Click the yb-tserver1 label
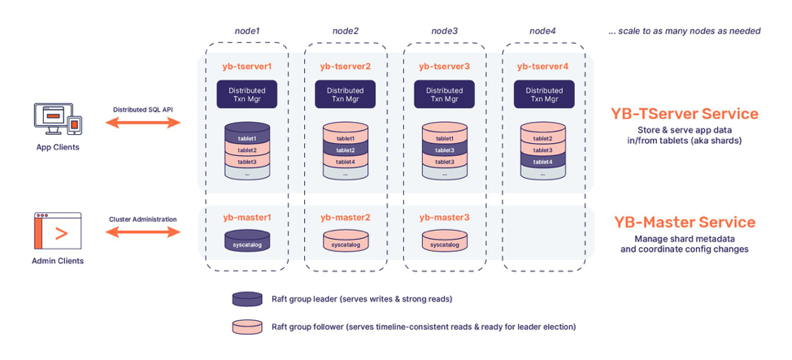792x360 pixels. pyautogui.click(x=246, y=65)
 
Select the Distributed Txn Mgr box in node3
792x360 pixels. pyautogui.click(x=444, y=94)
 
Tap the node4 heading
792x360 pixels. pyautogui.click(x=542, y=31)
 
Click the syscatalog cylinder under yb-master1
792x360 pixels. pyautogui.click(x=246, y=241)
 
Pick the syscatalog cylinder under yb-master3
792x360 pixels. pyautogui.click(x=444, y=241)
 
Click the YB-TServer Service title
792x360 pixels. pyautogui.click(x=684, y=114)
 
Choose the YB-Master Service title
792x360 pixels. pyautogui.click(x=684, y=222)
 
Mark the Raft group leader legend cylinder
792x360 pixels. pyautogui.click(x=247, y=299)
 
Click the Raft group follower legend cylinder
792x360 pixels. pyautogui.click(x=247, y=327)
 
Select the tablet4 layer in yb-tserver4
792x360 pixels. pyautogui.click(x=542, y=162)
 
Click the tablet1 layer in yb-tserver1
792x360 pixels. pyautogui.click(x=246, y=138)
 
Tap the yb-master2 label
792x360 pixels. pyautogui.click(x=345, y=217)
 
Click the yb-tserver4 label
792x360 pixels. pyautogui.click(x=542, y=65)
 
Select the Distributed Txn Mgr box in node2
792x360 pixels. pyautogui.click(x=345, y=94)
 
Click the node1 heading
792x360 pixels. pyautogui.click(x=246, y=31)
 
